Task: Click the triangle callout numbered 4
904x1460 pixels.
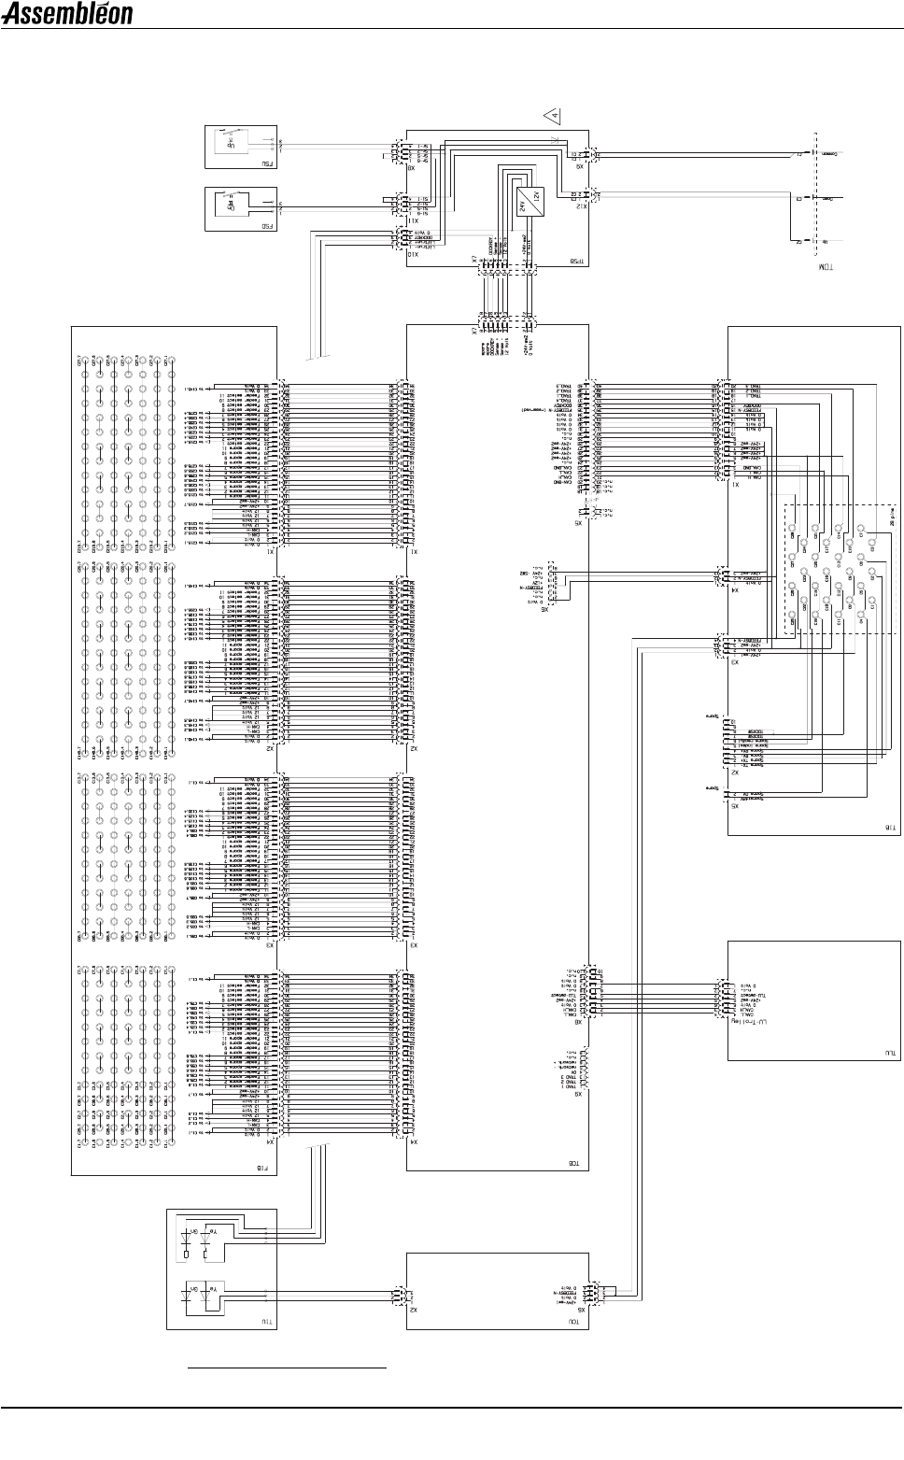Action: coord(554,117)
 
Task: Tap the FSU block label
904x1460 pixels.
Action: coord(267,163)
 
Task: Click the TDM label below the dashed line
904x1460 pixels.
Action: coord(825,268)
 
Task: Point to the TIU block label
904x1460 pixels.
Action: coord(265,1323)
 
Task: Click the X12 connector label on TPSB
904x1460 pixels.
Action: coord(582,207)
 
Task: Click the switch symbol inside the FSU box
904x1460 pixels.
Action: coord(229,143)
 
